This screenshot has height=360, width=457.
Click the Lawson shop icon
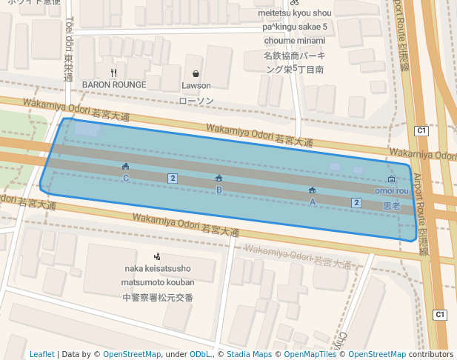196,73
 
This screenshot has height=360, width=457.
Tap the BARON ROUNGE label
114,85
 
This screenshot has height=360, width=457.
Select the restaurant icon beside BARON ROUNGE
113,73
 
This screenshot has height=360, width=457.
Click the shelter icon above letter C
125,167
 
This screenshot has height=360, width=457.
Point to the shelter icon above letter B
219,178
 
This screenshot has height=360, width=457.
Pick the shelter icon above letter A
312,190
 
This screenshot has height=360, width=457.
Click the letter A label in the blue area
312,201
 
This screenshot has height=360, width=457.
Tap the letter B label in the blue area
219,190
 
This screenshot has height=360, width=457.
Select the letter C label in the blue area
125,179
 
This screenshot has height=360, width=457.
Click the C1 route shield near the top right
422,131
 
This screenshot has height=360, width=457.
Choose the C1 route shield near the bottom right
440,315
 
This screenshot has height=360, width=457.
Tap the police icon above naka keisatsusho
158,256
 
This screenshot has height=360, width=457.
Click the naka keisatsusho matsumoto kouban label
159,275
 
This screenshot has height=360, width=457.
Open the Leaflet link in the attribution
41,354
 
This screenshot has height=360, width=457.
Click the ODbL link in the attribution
201,354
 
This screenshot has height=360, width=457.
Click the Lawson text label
196,85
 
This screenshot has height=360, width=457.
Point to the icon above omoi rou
392,179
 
